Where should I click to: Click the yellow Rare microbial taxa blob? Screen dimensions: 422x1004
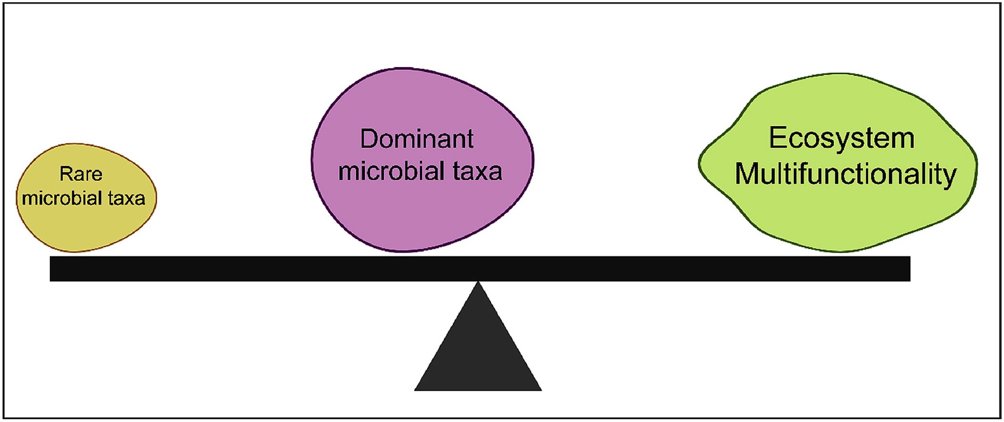(x=86, y=224)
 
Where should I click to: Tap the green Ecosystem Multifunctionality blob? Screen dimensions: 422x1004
(x=838, y=214)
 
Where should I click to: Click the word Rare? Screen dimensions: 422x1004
(x=80, y=174)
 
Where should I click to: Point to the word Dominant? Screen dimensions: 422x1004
(x=417, y=139)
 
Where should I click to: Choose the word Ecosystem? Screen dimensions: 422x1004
(x=842, y=138)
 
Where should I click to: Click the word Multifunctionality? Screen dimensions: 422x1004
(x=845, y=174)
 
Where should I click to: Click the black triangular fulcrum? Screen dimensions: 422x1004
(x=478, y=352)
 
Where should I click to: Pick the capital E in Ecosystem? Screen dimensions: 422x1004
(x=777, y=138)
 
